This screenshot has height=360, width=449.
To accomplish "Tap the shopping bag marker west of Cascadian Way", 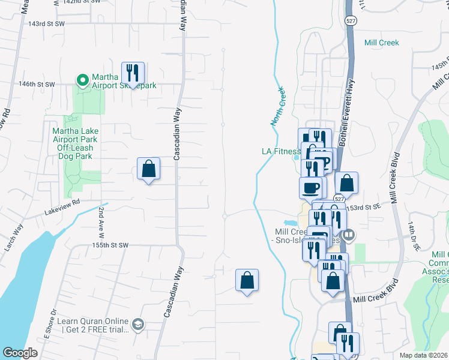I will (148, 169).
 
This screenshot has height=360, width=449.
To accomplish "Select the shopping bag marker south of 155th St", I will (247, 280).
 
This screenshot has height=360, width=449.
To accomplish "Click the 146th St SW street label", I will (37, 85).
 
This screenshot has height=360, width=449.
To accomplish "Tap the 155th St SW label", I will (111, 245).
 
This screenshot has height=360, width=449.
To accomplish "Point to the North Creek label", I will (278, 106).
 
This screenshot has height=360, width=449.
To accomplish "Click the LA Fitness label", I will (280, 151).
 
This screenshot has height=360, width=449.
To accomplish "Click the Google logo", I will (20, 353).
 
